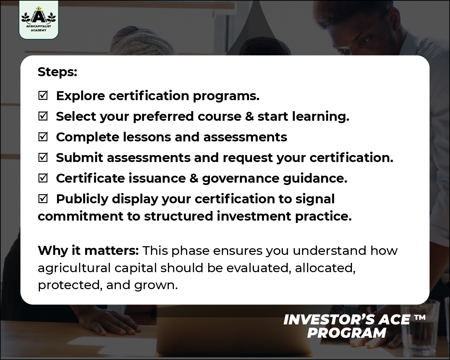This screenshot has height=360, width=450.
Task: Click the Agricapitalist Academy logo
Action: pos(39,20)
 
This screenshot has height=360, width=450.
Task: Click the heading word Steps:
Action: pos(57,72)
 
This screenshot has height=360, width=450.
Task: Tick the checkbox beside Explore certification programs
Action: pos(43,96)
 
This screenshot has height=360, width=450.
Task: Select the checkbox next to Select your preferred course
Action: pos(43,116)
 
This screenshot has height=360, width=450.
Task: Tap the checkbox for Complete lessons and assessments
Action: pos(43,137)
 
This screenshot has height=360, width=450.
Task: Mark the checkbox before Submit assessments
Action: pos(43,158)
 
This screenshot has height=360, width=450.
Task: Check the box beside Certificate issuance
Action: pos(43,178)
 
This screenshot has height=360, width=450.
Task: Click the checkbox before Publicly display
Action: pos(43,199)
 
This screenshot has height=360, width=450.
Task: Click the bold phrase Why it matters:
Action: pos(88,250)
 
